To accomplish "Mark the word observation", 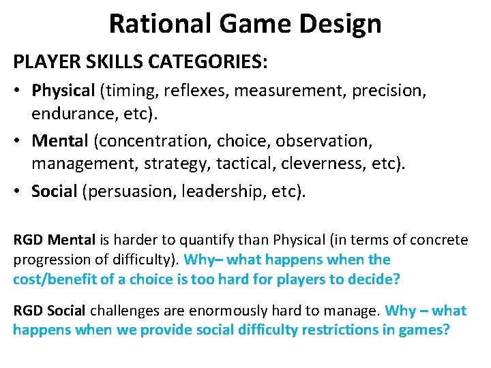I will click(312, 141).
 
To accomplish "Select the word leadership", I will click(218, 192).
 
